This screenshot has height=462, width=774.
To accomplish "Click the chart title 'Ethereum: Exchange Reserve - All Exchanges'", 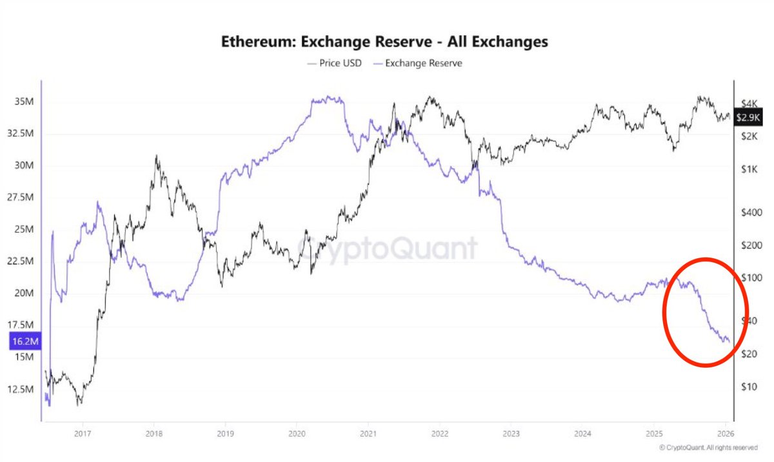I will coord(385,42).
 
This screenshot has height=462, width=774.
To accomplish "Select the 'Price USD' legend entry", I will coord(334,63).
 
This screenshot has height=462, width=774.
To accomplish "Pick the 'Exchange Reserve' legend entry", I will coord(423,63).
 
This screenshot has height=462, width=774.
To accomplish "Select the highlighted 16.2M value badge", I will coord(25,342).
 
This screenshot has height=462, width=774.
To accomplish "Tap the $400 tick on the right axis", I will coord(751,212).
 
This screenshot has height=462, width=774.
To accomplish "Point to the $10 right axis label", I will coord(748,387).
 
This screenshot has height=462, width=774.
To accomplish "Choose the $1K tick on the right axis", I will coord(748,169).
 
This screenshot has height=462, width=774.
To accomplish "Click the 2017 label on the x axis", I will coord(82,434).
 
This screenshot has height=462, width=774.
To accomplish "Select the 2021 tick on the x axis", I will coord(368,434).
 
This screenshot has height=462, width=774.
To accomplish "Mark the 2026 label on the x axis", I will coord(726,434).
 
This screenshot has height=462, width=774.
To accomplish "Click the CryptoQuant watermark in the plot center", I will coord(387,248).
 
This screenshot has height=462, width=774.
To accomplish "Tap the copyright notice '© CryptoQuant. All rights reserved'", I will coord(708,447).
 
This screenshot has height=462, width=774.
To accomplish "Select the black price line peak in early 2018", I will coord(156,156).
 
